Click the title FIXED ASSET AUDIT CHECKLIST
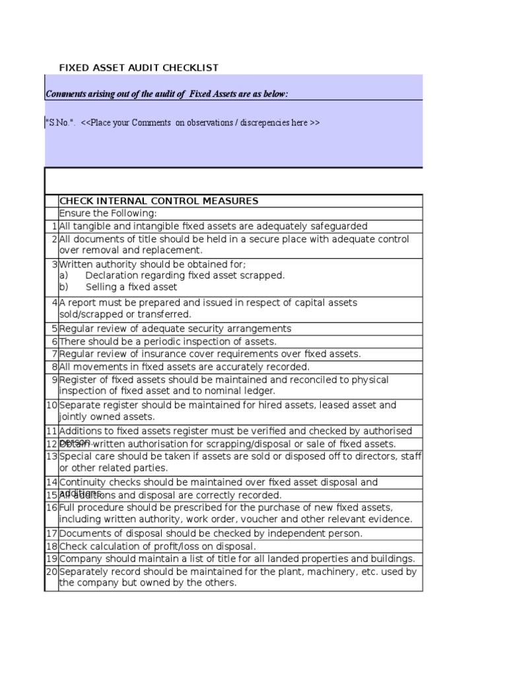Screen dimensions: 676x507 (139, 68)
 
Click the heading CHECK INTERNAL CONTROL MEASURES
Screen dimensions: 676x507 (158, 201)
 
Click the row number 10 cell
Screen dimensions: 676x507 (51, 405)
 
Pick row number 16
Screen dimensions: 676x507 (51, 508)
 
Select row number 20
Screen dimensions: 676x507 (51, 572)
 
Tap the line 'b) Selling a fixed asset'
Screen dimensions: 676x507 (119, 287)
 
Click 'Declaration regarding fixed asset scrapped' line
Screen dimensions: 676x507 (185, 275)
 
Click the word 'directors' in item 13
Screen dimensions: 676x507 (376, 456)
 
